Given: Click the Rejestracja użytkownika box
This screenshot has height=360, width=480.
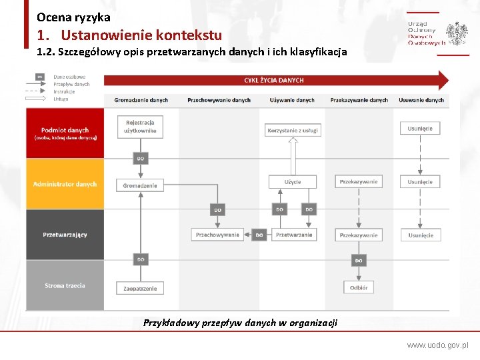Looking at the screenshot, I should tap(140, 126).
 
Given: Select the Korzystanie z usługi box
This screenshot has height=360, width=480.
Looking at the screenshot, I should tap(292, 131).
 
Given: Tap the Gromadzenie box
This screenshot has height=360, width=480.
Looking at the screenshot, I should tap(140, 185).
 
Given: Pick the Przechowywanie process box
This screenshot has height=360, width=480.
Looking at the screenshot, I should tap(217, 235).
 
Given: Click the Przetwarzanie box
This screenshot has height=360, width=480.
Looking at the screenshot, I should tap(293, 235).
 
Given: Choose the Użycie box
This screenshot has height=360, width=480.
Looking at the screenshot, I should tap(292, 182).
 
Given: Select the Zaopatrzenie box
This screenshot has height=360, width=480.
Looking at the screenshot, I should tap(140, 288).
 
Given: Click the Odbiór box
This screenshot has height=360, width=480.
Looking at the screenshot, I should tap(358, 287).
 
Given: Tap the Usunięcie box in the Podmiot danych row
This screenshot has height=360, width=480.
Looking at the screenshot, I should tap(420, 128).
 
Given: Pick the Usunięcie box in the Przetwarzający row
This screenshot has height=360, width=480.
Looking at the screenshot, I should tap(420, 235).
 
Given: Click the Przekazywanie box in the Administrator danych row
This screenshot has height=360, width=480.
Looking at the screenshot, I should tap(358, 182).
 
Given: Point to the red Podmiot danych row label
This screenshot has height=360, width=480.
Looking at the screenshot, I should tap(65, 133).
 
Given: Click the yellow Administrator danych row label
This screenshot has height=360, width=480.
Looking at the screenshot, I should tap(65, 184).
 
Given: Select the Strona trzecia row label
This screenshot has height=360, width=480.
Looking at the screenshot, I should tap(65, 285).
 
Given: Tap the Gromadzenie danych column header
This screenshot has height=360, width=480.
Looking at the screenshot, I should tap(141, 100).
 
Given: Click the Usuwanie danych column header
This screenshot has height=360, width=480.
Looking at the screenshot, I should tap(421, 100).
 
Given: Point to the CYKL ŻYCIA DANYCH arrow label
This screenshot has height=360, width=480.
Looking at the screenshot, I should tap(273, 80).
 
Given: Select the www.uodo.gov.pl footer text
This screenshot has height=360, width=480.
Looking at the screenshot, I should tap(437, 346).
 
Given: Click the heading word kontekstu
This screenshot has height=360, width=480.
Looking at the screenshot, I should tap(186, 35).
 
